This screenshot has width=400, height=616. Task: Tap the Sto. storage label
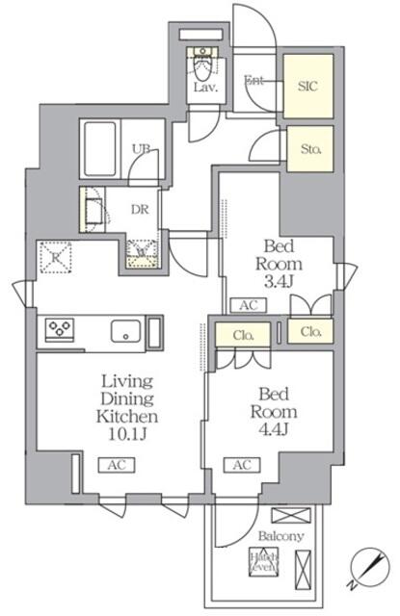(310, 149)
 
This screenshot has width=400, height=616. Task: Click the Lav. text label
(203, 88)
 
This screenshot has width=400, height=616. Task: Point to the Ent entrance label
(255, 81)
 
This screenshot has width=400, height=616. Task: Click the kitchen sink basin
(127, 331)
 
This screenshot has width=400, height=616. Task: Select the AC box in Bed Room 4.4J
(242, 465)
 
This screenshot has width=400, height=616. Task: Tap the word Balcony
(280, 536)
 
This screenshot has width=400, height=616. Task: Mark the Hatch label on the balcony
(264, 555)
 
